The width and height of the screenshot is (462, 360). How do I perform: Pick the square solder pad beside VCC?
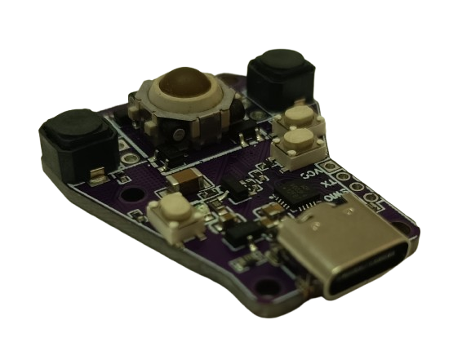coord(332,167)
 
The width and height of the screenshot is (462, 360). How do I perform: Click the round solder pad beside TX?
coord(348,180)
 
